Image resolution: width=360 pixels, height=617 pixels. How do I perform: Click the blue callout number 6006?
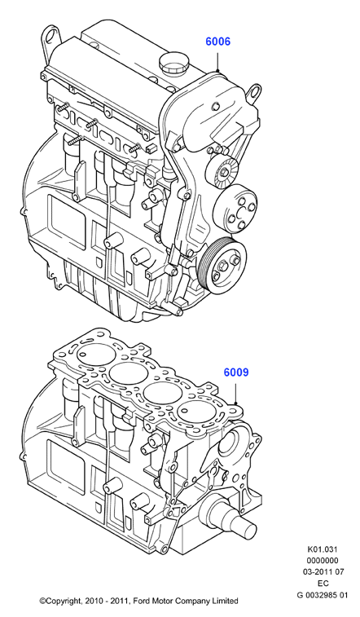pos(217,42)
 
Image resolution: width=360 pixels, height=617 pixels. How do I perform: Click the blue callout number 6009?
pos(236,372)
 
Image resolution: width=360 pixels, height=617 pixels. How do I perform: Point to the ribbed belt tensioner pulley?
pos(223,171)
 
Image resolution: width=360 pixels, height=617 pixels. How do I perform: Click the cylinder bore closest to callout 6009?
pos(197,412)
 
